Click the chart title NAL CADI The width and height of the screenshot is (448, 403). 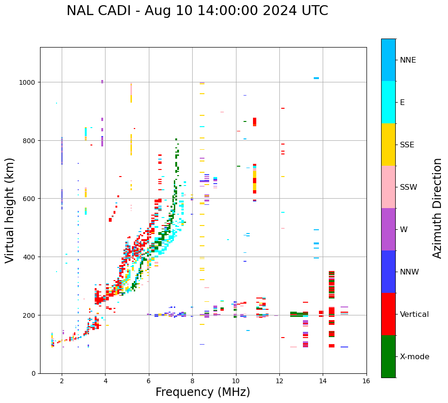(197, 11)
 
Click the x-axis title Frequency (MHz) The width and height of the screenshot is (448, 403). (203, 392)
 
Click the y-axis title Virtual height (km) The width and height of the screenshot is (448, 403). (10, 210)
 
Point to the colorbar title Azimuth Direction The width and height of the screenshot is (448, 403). (438, 208)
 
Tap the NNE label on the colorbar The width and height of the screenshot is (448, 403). (408, 60)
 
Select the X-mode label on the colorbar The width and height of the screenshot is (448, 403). (415, 357)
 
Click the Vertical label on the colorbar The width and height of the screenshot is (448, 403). (415, 314)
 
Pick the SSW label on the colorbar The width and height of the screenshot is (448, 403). (408, 187)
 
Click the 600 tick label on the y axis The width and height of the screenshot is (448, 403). (30, 199)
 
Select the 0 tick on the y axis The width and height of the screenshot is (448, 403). (33, 373)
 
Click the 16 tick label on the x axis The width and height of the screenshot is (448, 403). (366, 382)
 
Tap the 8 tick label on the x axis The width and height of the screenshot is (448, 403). (192, 382)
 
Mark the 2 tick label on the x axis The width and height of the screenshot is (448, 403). (62, 382)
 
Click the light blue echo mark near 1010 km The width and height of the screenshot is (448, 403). (316, 78)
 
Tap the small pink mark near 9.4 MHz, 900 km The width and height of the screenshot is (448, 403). (222, 112)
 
